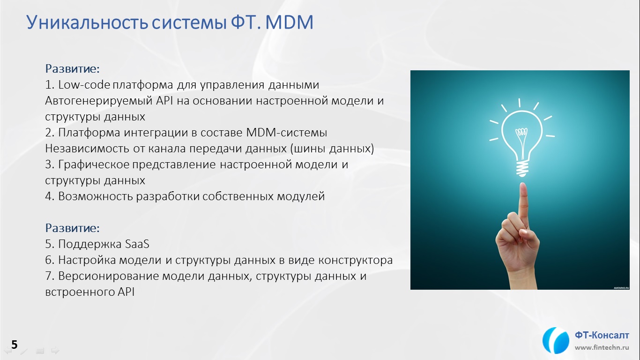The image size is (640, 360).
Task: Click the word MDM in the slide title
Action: coord(290,22)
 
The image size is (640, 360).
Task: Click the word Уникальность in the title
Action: coord(87,23)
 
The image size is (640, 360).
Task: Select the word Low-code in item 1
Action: coord(84,85)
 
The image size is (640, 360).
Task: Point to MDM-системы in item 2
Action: coord(287,133)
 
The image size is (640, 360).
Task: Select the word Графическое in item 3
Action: coord(94,165)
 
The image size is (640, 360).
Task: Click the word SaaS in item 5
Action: coord(137,244)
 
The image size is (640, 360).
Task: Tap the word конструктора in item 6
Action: coord(356,260)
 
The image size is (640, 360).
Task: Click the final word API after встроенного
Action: coord(126,292)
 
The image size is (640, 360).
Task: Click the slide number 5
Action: coord(14,345)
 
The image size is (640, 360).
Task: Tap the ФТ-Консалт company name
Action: coord(602,335)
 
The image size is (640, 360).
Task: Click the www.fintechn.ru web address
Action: coord(602,348)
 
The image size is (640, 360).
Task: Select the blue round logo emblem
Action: coord(555,340)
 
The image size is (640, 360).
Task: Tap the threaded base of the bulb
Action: coord(522,169)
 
